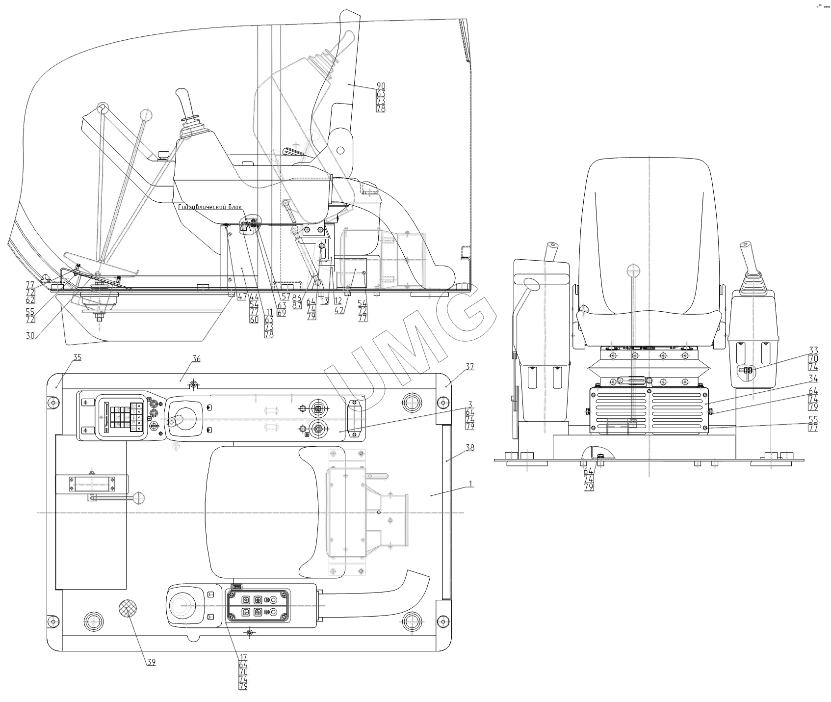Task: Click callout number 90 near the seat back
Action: click(x=381, y=86)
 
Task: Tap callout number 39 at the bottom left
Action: click(x=151, y=662)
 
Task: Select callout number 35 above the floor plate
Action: click(x=77, y=358)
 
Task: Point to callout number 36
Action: click(x=196, y=359)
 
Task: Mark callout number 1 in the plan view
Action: click(x=470, y=484)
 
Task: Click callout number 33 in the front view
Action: click(x=813, y=350)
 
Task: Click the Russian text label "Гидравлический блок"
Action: click(x=210, y=207)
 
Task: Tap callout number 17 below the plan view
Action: click(x=243, y=657)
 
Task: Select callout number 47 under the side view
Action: click(x=242, y=297)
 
